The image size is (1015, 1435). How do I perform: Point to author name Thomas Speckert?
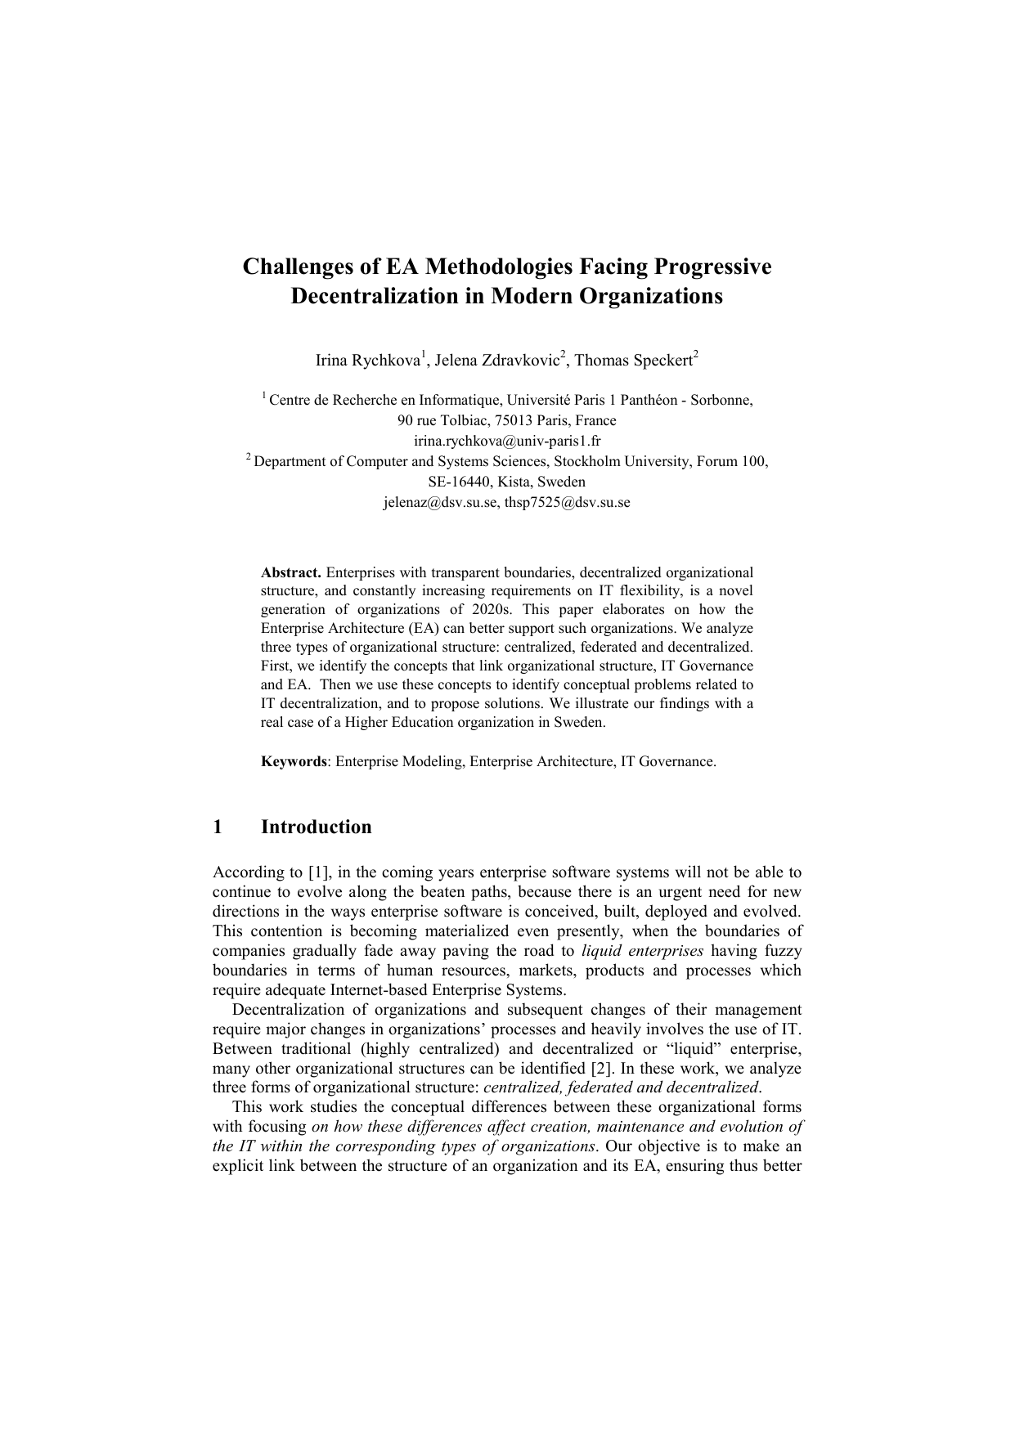tap(634, 361)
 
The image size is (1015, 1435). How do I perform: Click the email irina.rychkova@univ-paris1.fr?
tap(507, 441)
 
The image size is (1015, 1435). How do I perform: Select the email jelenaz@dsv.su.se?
tap(440, 503)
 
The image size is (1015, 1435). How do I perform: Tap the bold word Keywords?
tap(294, 761)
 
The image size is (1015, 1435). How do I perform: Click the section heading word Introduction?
tap(316, 827)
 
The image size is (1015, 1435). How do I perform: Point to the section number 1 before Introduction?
tap(218, 827)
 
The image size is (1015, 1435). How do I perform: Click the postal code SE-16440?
tap(463, 482)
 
